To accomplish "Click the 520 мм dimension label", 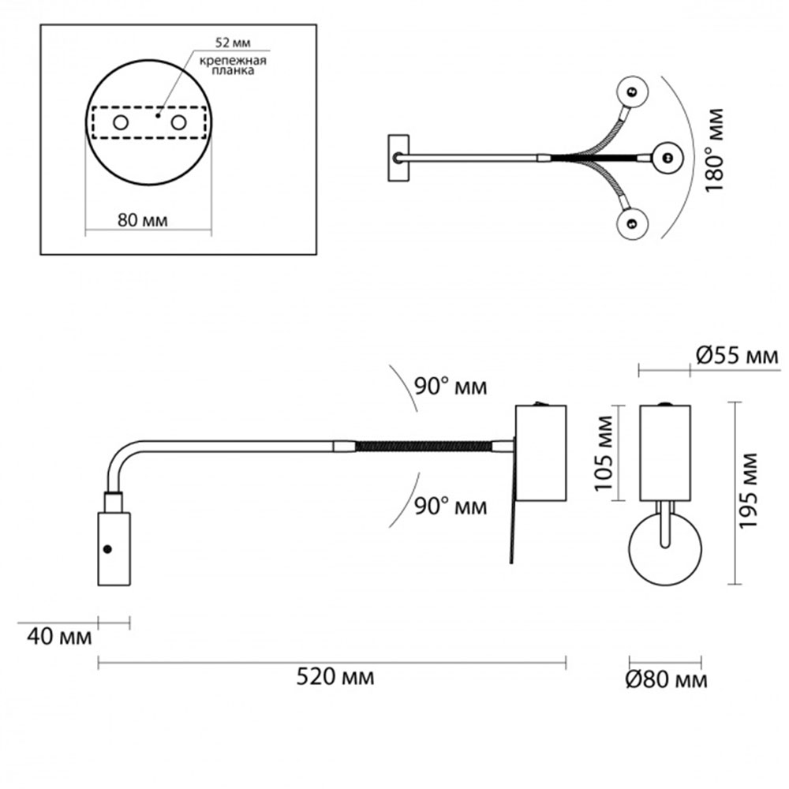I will (x=335, y=676).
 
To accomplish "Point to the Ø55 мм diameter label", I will (x=737, y=356).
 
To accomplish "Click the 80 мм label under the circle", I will (x=142, y=219).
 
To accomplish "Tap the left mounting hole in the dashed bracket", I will (x=121, y=122).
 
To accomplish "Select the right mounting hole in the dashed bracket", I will (x=178, y=122).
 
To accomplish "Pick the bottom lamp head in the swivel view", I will (x=632, y=223).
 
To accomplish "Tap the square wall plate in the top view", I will (x=398, y=158).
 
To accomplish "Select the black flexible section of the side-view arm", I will (x=424, y=447).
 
